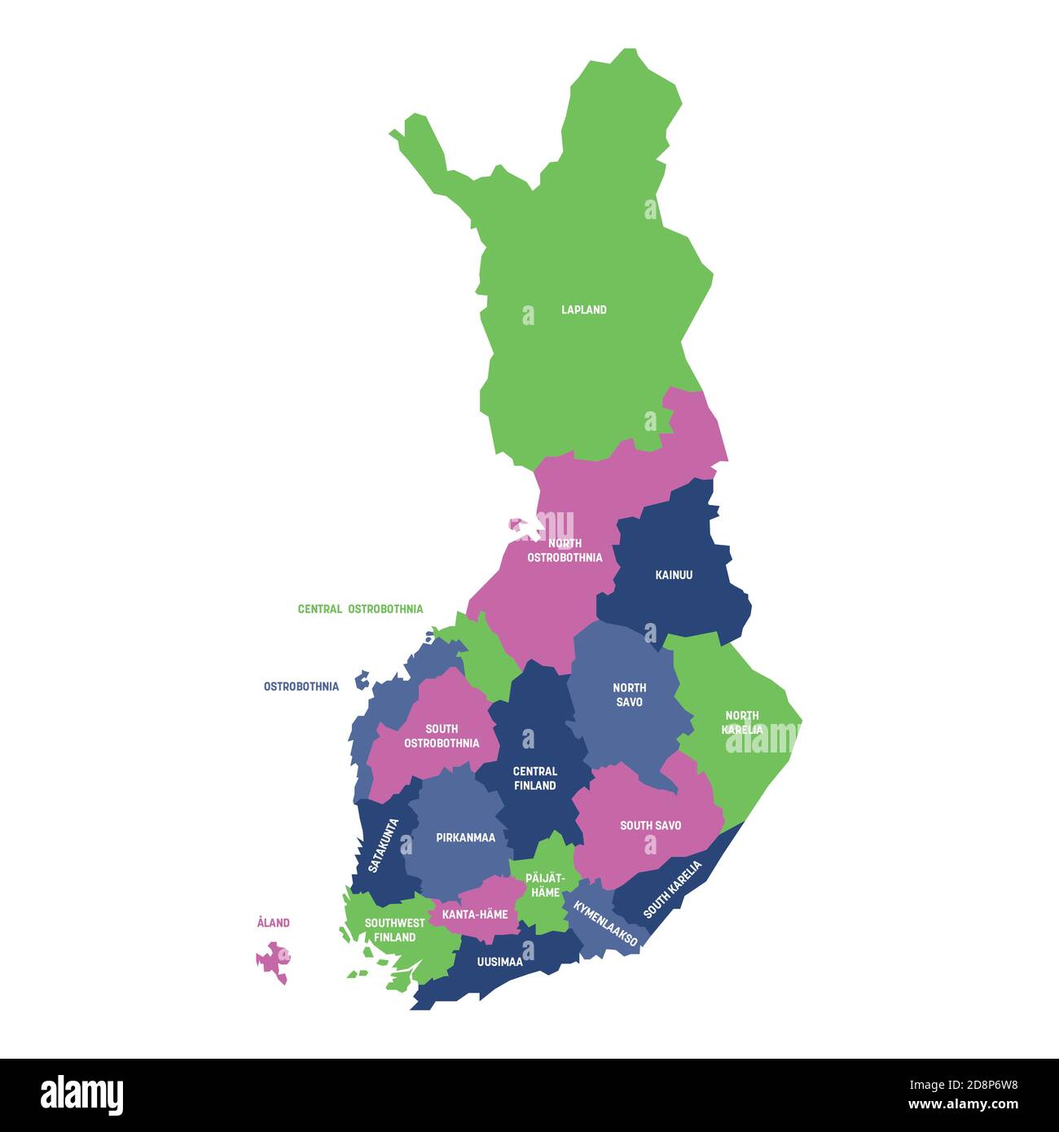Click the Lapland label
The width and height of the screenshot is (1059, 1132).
coord(583,309)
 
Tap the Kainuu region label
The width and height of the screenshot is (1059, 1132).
coord(674,575)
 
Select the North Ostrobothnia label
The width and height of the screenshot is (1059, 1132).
coord(565,551)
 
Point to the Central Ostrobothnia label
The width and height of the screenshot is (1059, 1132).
coord(360,609)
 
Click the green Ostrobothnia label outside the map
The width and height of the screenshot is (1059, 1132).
coord(301,687)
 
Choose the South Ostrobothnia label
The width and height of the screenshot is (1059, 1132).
coord(442,735)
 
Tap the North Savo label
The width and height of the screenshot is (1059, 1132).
coord(629,695)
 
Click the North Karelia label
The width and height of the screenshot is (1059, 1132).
coord(742,722)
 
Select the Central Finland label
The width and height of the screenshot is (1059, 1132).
coord(534,778)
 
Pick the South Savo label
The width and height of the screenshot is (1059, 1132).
coord(650,826)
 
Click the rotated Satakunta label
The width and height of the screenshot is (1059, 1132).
coord(383,845)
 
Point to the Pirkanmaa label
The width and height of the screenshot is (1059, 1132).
coord(465,837)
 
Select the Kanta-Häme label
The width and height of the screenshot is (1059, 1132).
coord(474,915)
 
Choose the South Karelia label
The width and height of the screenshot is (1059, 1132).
coord(672,889)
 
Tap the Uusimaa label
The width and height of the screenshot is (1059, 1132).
coord(499,962)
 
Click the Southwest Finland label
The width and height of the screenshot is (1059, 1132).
coord(394,930)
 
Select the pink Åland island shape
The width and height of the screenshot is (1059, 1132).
coord(274,961)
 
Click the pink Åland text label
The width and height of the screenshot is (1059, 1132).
coord(273,923)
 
